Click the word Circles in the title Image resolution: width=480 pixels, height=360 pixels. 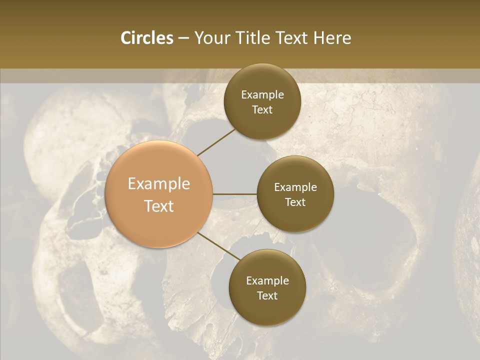(146, 38)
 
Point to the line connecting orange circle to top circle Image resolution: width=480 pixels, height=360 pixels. (216, 142)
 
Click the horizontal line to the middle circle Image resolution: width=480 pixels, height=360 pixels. (235, 194)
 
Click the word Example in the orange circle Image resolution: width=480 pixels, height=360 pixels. (159, 184)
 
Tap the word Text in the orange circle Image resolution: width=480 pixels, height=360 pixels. (159, 206)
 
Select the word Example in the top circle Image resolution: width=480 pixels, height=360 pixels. (262, 95)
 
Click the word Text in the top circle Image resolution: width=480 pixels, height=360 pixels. (262, 110)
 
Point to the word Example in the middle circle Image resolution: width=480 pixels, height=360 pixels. (295, 187)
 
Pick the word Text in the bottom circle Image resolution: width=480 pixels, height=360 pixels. (267, 295)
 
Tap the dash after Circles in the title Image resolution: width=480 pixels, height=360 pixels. (183, 38)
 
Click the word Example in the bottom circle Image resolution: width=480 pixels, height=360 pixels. (267, 280)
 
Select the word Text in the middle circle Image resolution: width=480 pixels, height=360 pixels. (295, 202)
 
